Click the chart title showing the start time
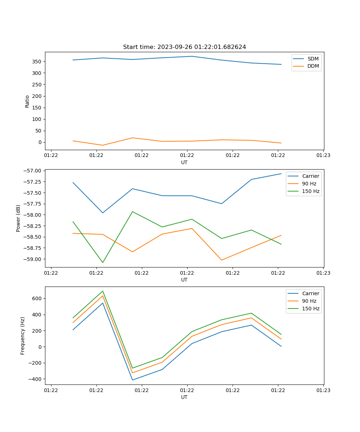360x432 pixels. (184, 47)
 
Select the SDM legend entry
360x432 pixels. (313, 59)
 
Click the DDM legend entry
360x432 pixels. (313, 66)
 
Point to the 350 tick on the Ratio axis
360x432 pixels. (37, 62)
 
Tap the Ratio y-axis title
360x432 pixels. (27, 101)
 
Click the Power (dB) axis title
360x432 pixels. (18, 218)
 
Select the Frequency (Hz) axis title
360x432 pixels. (23, 336)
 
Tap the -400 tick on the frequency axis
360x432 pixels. (35, 379)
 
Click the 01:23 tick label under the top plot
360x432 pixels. (323, 156)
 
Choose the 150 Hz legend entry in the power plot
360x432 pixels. (311, 191)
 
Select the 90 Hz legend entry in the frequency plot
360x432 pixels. (309, 301)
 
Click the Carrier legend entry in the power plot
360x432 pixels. (310, 176)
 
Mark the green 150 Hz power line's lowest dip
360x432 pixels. (103, 262)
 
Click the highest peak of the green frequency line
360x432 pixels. (103, 291)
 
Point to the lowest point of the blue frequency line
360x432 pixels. (132, 380)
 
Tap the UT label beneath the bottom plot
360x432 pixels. (184, 397)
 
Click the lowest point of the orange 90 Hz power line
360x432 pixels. (221, 260)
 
